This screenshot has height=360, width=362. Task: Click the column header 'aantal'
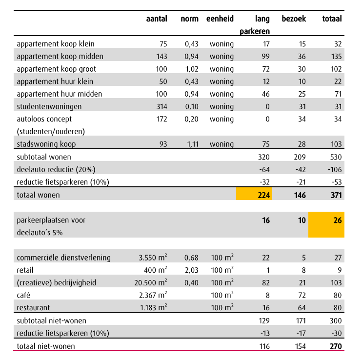pos(157,19)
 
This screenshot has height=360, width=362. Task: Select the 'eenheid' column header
pos(220,19)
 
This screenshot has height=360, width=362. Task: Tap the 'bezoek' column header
pos(294,19)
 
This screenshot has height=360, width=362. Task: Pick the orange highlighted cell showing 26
pos(326,224)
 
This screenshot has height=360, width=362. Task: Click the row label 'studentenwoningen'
pos(49,107)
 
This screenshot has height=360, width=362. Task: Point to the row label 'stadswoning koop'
pos(46,144)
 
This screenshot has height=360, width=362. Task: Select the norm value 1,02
pos(192,69)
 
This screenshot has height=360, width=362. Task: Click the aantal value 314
pos(161,107)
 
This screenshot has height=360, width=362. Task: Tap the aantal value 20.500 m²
pos(151,282)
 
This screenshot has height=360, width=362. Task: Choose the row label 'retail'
pos(25,270)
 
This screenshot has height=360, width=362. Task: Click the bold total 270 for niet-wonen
pos(336,346)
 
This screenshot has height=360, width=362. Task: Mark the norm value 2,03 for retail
pos(192,270)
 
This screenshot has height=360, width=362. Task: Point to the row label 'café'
pos(23,295)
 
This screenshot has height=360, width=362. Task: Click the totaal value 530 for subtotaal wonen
pos(336,157)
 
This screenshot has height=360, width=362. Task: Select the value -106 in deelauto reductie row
pos(335,170)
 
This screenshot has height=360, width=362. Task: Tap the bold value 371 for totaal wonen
pos(336,195)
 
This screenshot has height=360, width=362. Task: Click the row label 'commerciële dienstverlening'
pos(64,258)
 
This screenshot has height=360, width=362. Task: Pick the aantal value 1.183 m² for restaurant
pos(154,307)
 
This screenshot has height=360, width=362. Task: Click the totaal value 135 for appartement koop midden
pos(336,57)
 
